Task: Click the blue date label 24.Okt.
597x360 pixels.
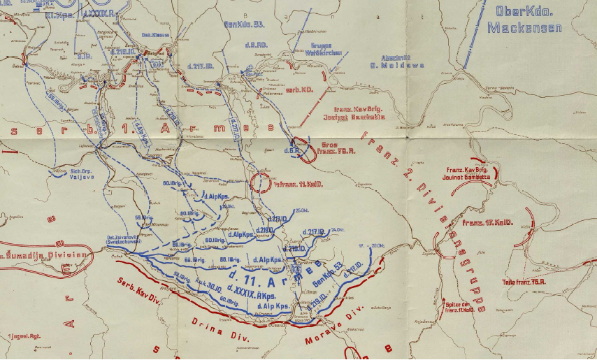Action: [338, 229]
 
